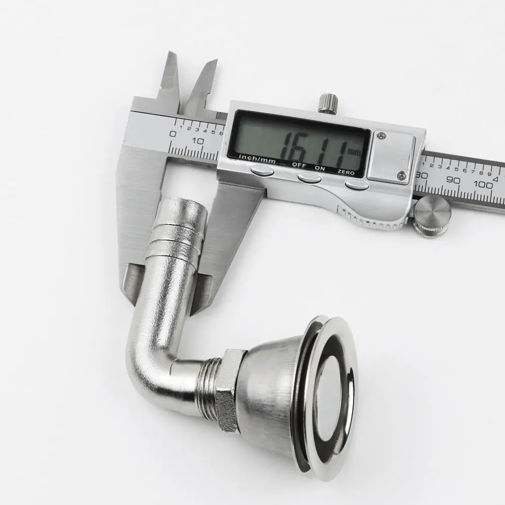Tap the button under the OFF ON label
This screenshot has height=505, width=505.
pyautogui.click(x=309, y=177)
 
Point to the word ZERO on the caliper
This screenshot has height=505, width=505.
pyautogui.click(x=346, y=172)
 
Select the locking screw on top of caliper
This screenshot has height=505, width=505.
pyautogui.click(x=328, y=103)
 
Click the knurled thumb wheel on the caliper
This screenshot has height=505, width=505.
pyautogui.click(x=432, y=217)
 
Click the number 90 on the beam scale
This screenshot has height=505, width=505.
pyautogui.click(x=453, y=180)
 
